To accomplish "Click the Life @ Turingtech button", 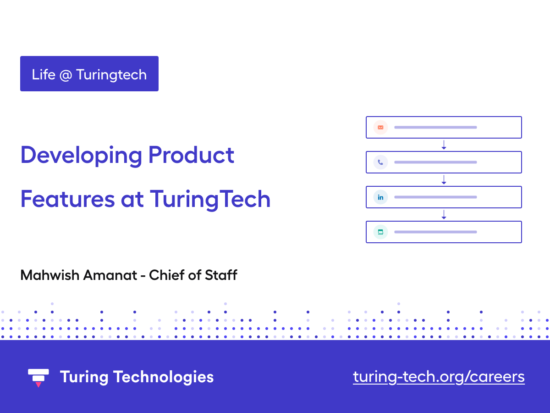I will click(89, 74).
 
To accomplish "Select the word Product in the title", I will click(191, 155).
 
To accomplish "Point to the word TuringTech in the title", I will click(210, 199).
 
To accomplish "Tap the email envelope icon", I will click(380, 127).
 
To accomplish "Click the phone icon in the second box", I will click(380, 162).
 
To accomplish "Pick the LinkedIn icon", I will click(380, 197).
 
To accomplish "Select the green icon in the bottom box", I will click(380, 232).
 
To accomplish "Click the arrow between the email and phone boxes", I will click(444, 145).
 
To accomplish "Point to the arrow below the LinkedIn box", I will click(444, 215).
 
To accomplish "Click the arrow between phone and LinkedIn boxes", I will click(444, 180).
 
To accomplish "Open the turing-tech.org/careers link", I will click(439, 377).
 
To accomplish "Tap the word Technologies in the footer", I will click(163, 377).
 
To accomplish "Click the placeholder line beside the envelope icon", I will click(435, 127).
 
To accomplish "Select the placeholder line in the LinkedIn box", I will click(435, 197).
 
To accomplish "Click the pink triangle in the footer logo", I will click(38, 384).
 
